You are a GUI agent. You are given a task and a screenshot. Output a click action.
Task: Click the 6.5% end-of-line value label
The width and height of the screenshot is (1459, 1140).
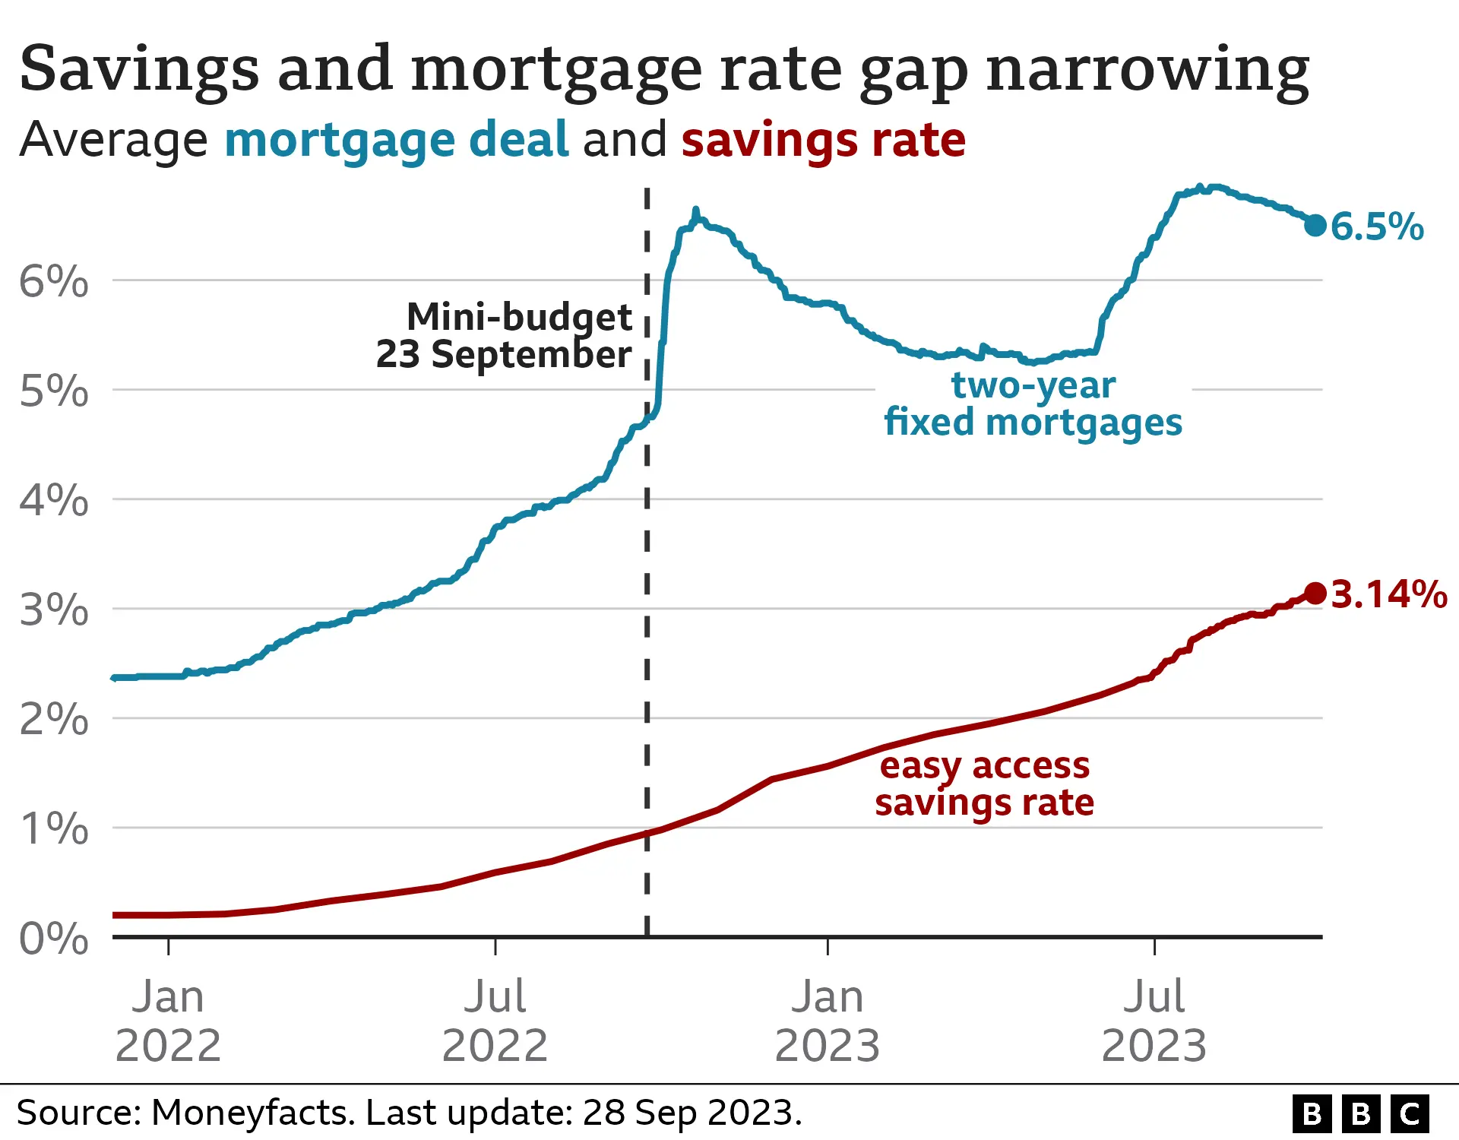[1377, 226]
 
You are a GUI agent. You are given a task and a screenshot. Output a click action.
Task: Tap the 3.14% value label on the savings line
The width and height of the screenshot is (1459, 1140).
[1389, 594]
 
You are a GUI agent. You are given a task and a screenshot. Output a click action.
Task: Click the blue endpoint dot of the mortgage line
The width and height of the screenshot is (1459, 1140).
[1315, 225]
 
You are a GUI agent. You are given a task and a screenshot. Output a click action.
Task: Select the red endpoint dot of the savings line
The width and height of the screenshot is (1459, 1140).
[1315, 593]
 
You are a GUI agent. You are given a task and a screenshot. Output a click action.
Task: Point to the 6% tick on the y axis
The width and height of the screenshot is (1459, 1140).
[53, 282]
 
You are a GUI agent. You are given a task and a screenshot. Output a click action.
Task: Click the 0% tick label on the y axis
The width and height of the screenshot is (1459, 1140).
[53, 939]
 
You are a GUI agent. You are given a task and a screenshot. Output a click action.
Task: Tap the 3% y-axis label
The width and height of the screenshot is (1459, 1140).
[53, 610]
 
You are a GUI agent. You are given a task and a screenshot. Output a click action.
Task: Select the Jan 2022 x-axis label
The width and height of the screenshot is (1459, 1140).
[168, 1021]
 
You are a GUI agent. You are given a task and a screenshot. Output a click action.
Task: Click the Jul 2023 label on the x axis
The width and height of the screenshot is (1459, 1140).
[1154, 1021]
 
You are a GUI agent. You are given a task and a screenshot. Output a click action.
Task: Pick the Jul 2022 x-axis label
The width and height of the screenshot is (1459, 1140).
[495, 1021]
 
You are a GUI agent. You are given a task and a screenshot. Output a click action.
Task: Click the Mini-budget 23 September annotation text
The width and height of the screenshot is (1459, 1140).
[505, 336]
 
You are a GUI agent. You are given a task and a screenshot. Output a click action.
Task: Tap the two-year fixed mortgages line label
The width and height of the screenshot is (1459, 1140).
[1033, 404]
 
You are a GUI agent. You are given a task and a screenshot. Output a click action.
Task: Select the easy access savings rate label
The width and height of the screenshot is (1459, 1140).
[984, 784]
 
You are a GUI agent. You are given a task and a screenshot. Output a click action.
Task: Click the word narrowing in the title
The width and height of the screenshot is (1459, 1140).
[1147, 70]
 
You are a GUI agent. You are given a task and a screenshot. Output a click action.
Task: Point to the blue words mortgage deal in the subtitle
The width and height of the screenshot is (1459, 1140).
[396, 140]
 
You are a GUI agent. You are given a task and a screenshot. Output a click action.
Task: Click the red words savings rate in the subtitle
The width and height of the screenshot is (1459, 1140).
[823, 140]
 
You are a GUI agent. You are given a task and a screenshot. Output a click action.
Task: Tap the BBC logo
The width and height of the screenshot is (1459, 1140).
[1360, 1113]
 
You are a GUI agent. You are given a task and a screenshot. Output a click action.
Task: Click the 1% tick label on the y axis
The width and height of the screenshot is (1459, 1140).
[53, 829]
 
